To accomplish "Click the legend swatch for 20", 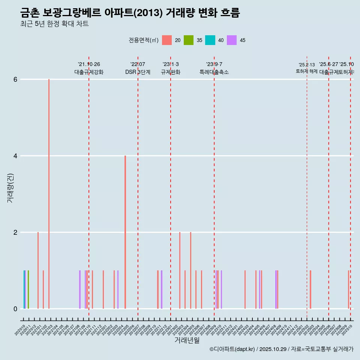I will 167,40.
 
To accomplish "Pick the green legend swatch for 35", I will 189,40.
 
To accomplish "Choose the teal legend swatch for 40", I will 210,40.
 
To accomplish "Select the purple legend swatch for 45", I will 232,40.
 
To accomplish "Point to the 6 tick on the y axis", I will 15,79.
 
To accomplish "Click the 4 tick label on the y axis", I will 15,156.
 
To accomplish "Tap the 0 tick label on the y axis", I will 15,309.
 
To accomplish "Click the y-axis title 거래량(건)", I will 10,188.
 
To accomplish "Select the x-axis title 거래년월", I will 187,340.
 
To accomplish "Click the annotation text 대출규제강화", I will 89,72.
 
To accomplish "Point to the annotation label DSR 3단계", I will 138,72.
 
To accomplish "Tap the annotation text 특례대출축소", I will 214,72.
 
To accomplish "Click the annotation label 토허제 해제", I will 306,71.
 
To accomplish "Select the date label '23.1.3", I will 171,64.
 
